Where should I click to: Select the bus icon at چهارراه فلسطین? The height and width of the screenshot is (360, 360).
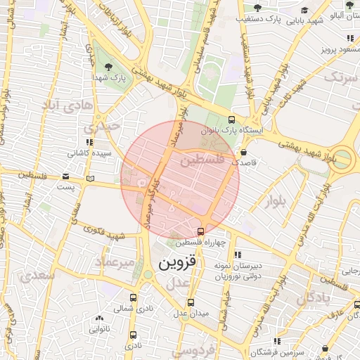click(x=201, y=231)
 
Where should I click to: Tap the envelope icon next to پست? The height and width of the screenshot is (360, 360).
click(x=65, y=176)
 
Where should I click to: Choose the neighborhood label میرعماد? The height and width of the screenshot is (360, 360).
click(x=113, y=262)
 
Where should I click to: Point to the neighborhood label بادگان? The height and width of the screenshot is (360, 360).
click(x=313, y=299)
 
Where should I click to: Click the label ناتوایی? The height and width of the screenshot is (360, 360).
click(x=98, y=328)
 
